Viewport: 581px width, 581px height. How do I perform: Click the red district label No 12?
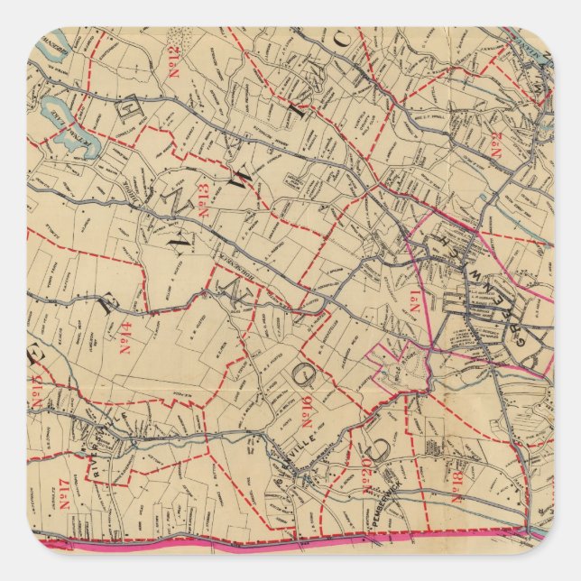pyautogui.click(x=171, y=61)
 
